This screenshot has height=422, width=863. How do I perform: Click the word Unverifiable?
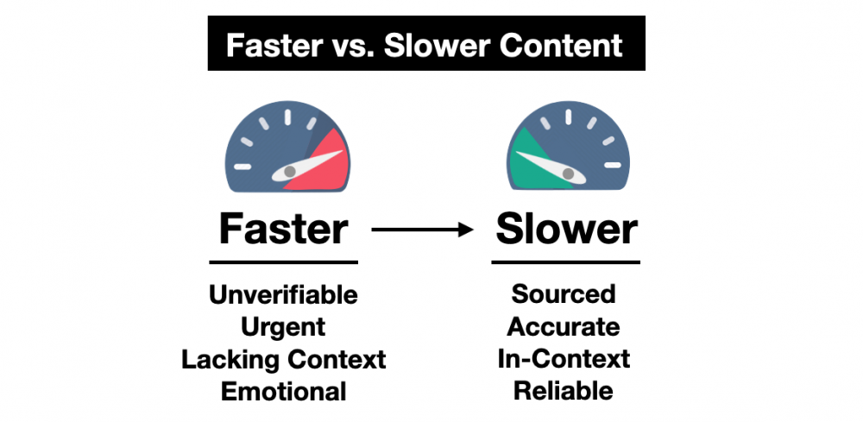[x=283, y=295]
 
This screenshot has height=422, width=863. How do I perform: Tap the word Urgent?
[x=283, y=327]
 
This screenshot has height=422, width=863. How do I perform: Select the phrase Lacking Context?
[x=283, y=360]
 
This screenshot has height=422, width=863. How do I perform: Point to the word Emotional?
[x=283, y=392]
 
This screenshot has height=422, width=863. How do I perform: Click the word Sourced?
[x=564, y=293]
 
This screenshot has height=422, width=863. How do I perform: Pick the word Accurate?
[x=564, y=327]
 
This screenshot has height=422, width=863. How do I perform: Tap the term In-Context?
[x=564, y=359]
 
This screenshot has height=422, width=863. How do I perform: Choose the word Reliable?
[x=564, y=391]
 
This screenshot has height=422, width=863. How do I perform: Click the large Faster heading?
[x=283, y=230]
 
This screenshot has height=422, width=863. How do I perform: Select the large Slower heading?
[x=566, y=229]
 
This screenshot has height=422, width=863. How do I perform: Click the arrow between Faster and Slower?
[x=422, y=230]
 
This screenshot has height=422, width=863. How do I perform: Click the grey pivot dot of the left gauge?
[x=289, y=173]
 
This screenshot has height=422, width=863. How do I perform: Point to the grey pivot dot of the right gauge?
[x=569, y=173]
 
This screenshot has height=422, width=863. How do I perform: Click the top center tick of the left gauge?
[x=287, y=117]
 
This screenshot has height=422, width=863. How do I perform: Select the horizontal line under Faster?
[x=283, y=262]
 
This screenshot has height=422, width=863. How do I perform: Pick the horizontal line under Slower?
[x=566, y=261]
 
